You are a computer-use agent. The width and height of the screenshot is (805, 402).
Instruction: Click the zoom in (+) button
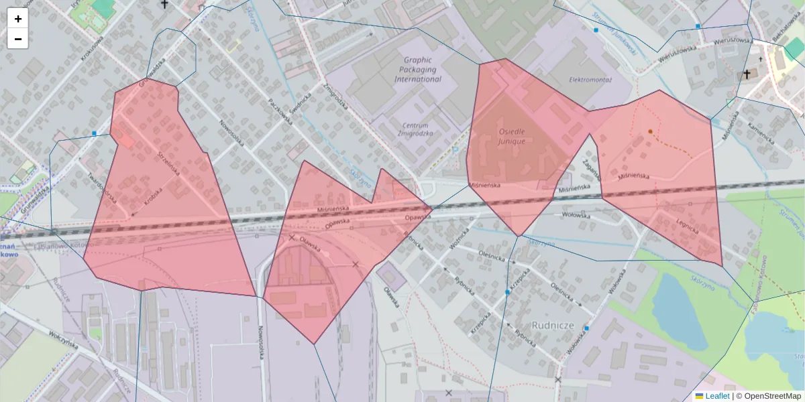coord(18,19)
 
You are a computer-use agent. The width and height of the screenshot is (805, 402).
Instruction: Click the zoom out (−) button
coord(18,39)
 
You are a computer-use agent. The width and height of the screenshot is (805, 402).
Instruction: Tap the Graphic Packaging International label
coord(418,69)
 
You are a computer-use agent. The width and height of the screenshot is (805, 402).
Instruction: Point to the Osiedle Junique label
coord(512,136)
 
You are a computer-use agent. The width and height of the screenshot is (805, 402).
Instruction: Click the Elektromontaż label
coord(591,79)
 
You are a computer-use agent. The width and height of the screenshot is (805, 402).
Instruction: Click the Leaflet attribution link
coord(716,396)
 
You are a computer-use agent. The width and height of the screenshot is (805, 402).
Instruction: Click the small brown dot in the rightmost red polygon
coord(650,131)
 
